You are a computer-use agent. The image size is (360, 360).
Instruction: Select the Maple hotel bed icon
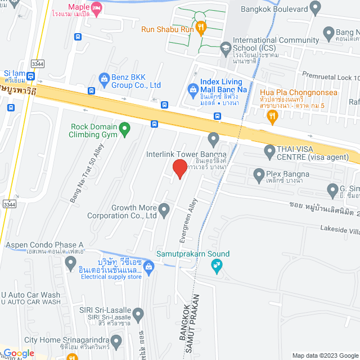click(x=97, y=7)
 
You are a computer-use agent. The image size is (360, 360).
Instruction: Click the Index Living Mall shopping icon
click(x=193, y=89)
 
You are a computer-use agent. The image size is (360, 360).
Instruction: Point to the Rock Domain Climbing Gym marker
click(x=126, y=130)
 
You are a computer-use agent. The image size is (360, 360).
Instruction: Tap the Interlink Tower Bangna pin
click(x=213, y=138)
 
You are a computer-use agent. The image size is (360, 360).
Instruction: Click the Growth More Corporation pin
click(x=164, y=210)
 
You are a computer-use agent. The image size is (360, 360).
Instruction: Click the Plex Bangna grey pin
click(x=259, y=174)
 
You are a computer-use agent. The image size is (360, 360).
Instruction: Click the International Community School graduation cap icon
click(x=226, y=47)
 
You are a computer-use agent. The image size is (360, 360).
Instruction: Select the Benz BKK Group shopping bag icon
click(x=103, y=79)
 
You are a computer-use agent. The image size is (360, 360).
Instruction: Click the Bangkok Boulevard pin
click(x=315, y=8)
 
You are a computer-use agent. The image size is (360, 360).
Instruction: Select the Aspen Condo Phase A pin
click(x=70, y=263)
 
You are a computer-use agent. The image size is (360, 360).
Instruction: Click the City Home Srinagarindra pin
click(x=116, y=341)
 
